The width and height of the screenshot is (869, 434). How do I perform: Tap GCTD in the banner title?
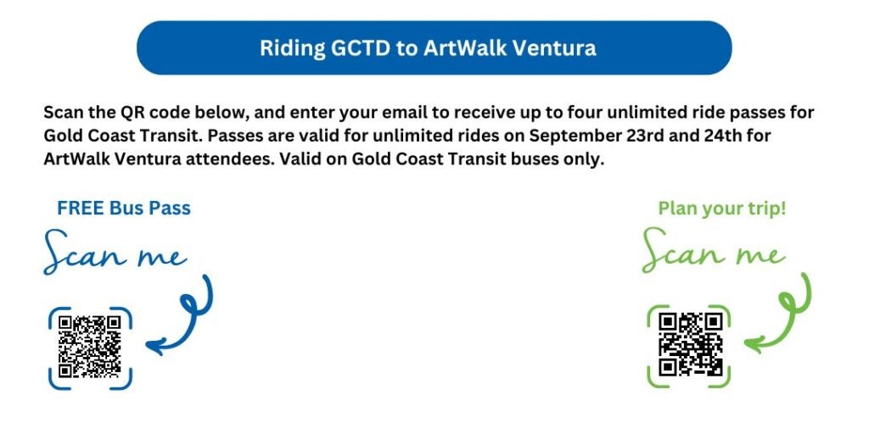pos(360,48)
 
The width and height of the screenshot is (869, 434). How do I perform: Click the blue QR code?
pos(90,347)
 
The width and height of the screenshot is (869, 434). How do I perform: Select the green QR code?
pos(690,344)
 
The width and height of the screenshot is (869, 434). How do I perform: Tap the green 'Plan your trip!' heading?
pos(722,209)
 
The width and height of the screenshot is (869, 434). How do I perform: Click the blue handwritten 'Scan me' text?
pos(115,252)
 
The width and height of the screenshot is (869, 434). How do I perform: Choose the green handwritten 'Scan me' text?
pos(713,250)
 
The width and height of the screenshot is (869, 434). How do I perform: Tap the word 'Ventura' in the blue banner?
pos(553,48)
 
